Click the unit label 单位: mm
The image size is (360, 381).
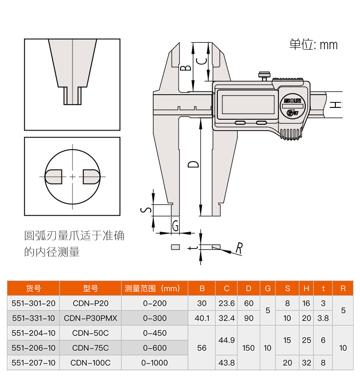point(314,45)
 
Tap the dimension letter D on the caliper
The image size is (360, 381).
point(194,164)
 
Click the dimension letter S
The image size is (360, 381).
point(146,210)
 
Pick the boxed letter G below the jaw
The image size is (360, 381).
point(175,225)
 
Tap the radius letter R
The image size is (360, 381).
point(239,248)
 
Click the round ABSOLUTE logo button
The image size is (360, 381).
point(290,101)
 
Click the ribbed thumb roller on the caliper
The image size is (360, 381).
point(290,133)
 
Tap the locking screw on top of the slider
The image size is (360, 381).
point(264,75)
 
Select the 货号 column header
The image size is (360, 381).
point(33,288)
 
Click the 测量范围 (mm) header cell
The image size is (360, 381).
point(154,288)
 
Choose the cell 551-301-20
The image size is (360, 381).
point(33,303)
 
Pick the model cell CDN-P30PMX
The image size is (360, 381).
point(90,318)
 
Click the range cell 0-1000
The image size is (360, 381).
point(154,363)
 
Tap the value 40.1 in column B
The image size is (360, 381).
point(202,318)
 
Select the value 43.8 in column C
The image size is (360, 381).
point(226,363)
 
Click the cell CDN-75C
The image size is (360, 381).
point(90,348)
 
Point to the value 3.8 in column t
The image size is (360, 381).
point(323,318)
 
